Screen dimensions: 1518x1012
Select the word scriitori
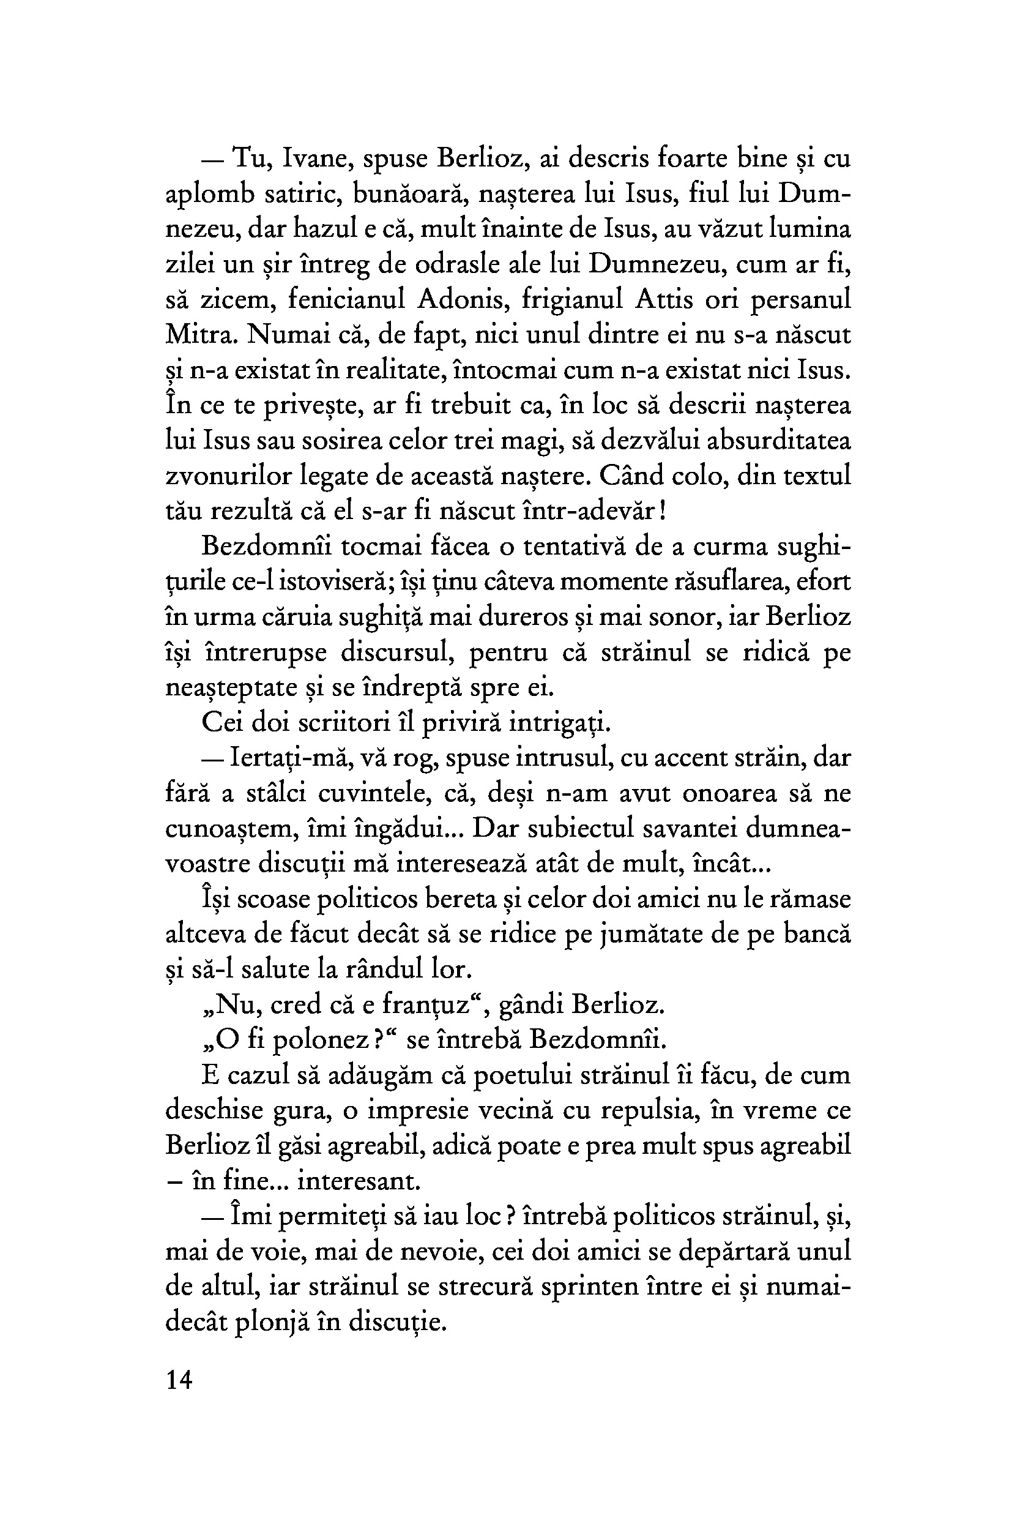coord(339,723)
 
